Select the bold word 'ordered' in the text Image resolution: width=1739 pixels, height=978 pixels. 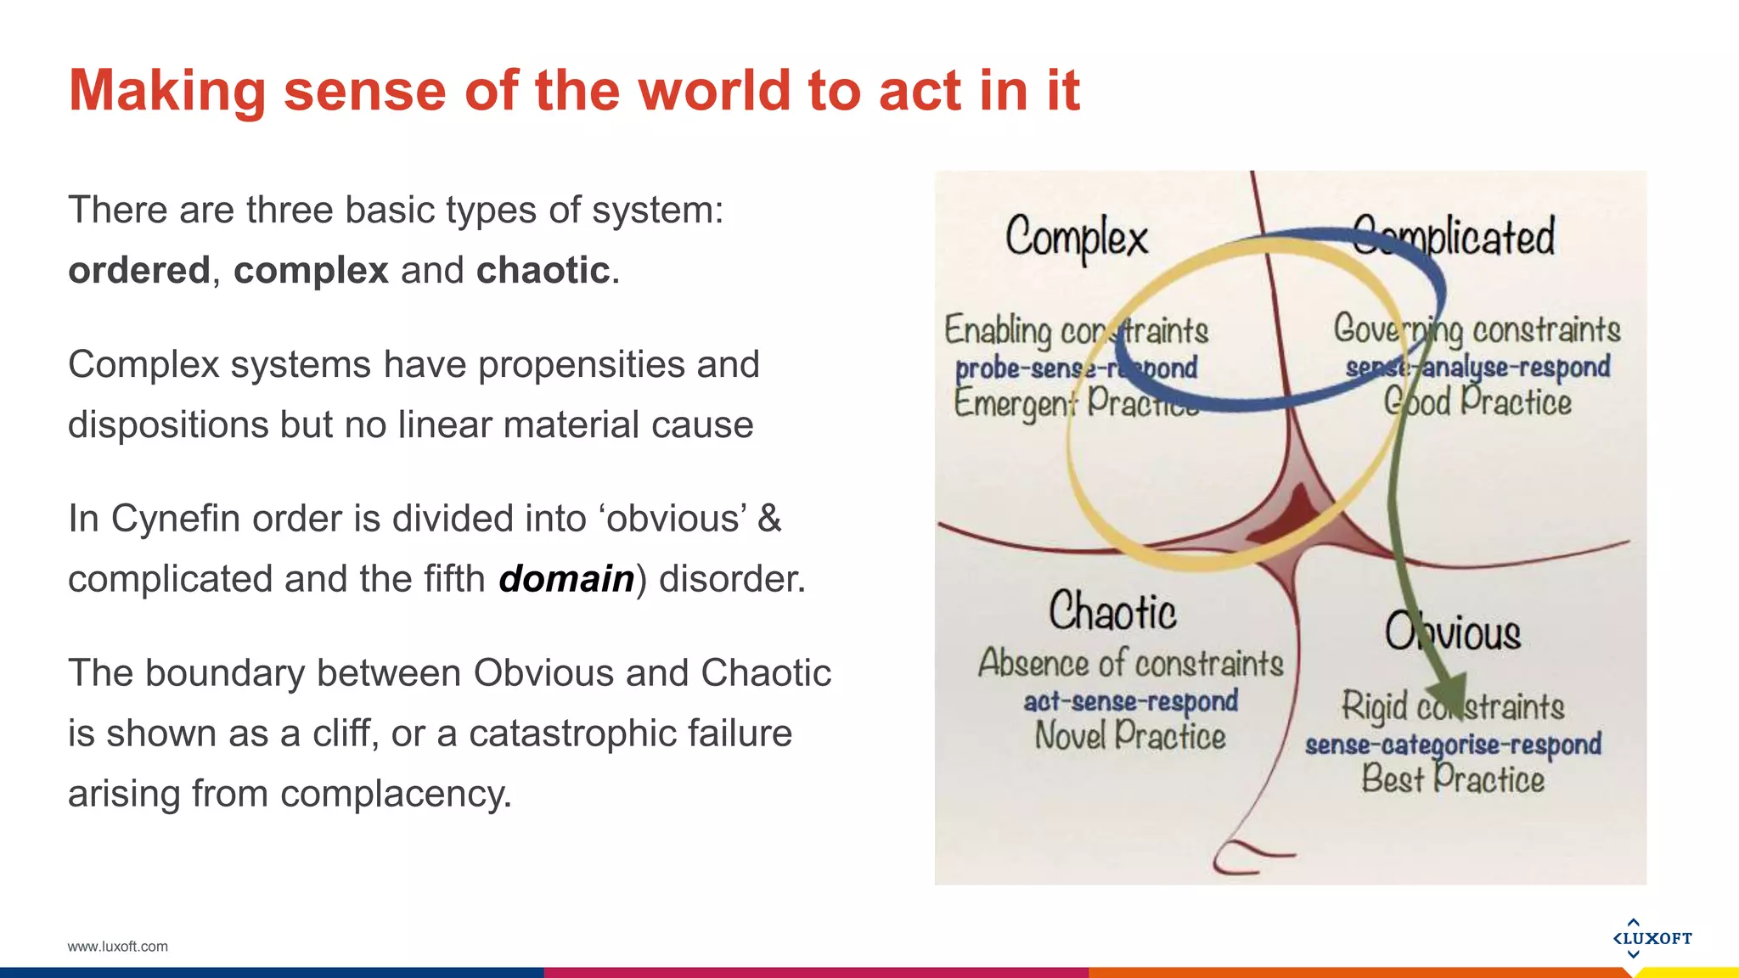138,271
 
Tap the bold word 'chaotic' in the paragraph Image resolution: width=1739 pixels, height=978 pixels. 543,271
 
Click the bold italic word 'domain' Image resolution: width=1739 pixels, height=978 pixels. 566,579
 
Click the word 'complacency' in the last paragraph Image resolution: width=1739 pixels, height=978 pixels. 395,794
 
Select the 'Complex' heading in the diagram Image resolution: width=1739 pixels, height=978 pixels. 1076,238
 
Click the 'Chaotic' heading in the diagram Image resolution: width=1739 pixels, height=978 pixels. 1112,612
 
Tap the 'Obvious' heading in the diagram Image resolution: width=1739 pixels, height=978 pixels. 1453,633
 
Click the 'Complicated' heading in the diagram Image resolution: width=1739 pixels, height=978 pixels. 1454,237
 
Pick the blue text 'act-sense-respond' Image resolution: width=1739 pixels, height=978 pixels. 1130,702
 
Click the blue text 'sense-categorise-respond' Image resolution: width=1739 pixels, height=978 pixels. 1453,745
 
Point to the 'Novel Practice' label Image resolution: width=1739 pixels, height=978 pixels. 1129,736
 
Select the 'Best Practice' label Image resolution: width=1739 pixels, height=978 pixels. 1453,779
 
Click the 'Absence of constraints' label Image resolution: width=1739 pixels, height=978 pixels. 1130,664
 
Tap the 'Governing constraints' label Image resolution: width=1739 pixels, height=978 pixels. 1477,329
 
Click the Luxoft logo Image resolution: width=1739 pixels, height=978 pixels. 1652,938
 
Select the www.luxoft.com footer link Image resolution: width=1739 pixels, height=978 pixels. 117,947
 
